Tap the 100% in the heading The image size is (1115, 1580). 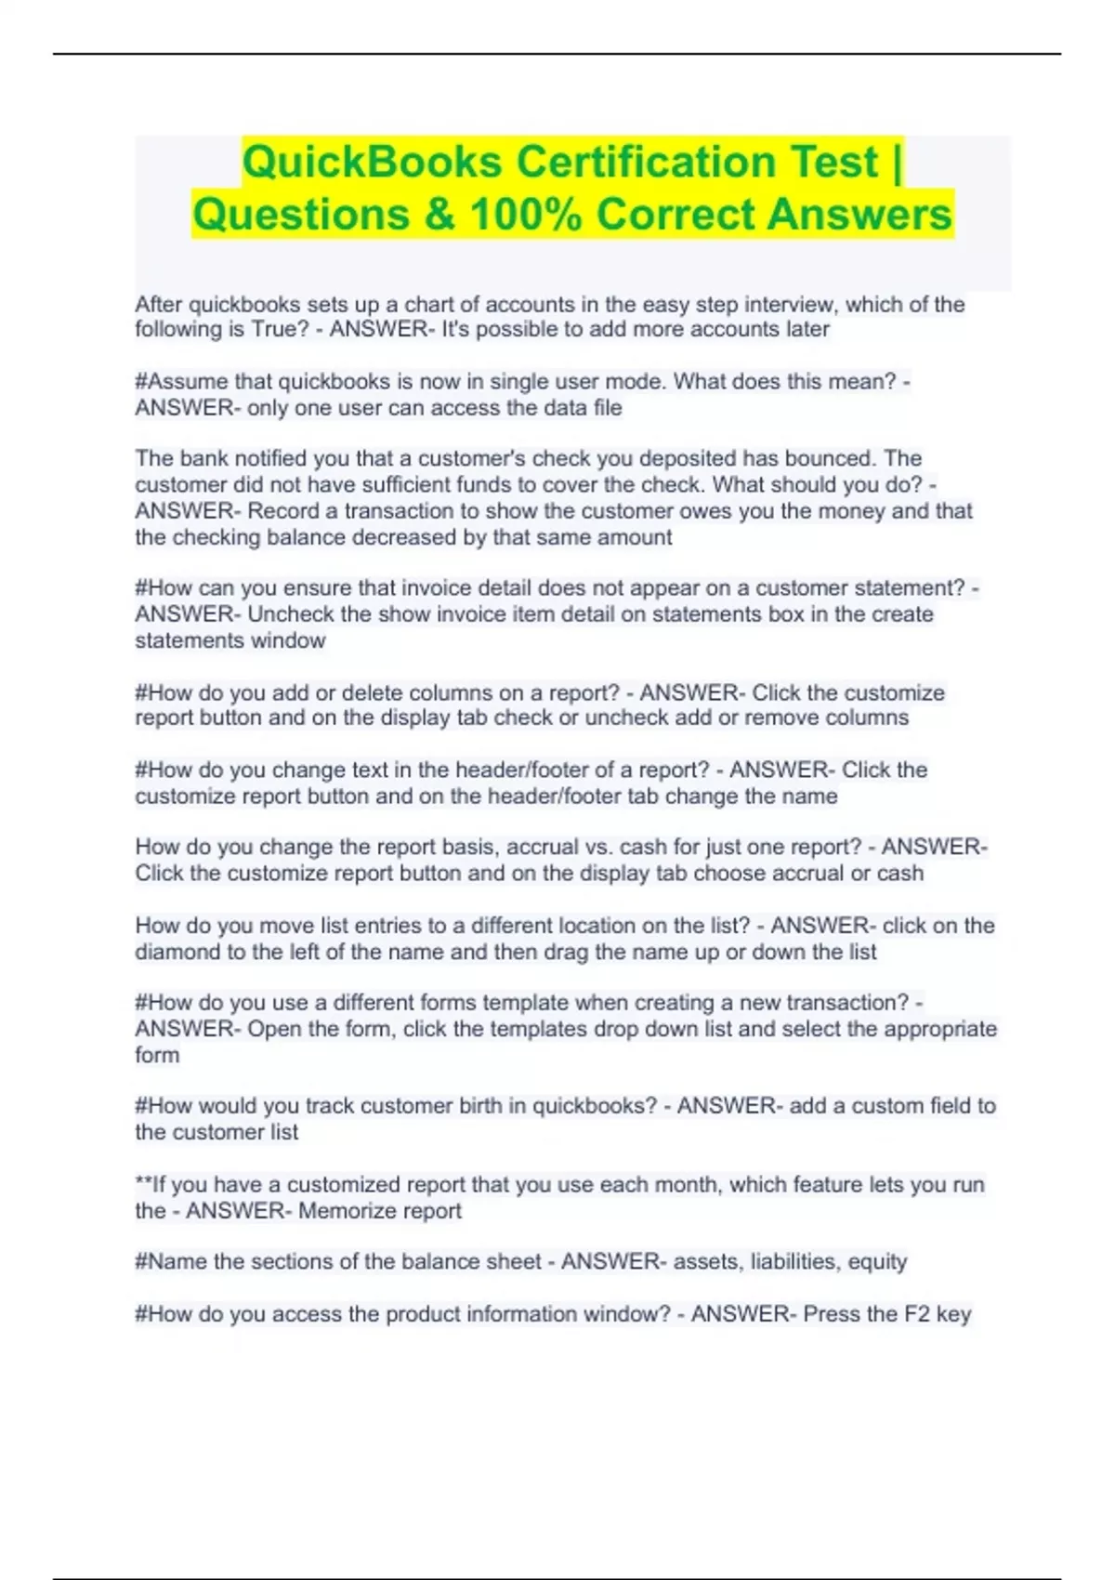pyautogui.click(x=526, y=215)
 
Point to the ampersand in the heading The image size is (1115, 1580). pyautogui.click(x=441, y=215)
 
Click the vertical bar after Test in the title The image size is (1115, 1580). pyautogui.click(x=896, y=162)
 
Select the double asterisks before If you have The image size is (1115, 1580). pyautogui.click(x=143, y=1184)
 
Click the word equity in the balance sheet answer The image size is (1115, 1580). pyautogui.click(x=876, y=1262)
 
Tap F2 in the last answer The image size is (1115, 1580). pyautogui.click(x=916, y=1314)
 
